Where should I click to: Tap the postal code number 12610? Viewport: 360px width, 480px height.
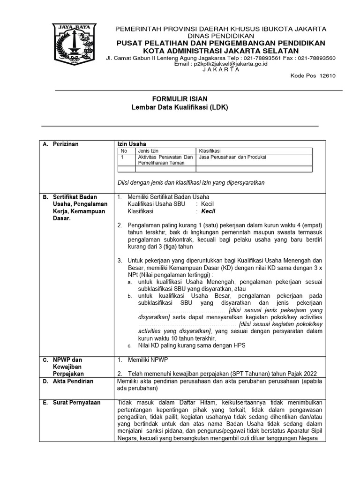[327, 76]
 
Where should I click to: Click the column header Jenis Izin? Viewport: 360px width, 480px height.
[148, 151]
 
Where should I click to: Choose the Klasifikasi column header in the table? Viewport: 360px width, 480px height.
[210, 151]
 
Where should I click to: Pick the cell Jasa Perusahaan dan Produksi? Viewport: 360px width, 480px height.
[232, 157]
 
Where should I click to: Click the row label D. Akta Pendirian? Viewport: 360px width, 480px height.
[73, 381]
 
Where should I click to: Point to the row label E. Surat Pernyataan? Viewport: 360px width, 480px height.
[75, 403]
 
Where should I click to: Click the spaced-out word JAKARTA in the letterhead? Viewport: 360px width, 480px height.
[221, 69]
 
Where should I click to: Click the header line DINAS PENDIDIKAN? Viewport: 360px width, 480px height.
[221, 36]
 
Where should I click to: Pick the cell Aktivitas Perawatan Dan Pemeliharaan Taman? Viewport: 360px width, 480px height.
[165, 160]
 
